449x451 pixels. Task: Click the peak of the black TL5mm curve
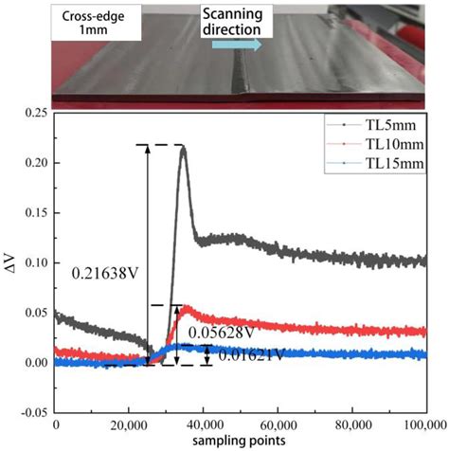click(x=182, y=147)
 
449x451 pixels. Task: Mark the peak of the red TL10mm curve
click(x=183, y=307)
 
